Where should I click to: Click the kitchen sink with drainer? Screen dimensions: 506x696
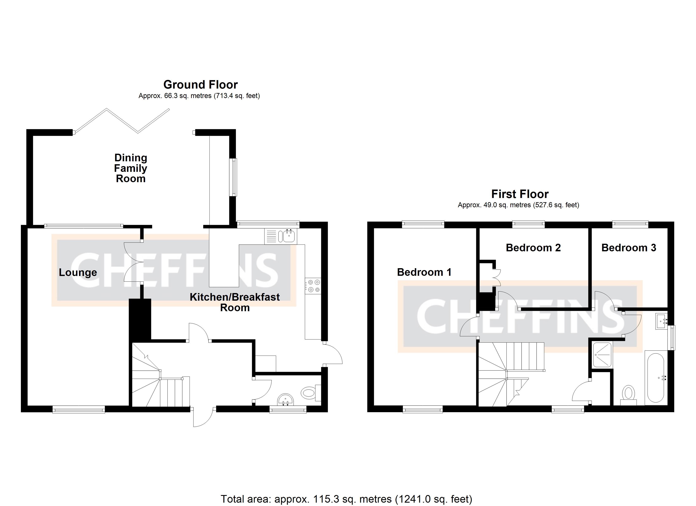click(x=281, y=236)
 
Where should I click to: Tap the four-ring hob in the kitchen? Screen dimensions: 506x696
click(x=313, y=285)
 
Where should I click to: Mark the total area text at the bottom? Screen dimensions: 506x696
click(x=346, y=499)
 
